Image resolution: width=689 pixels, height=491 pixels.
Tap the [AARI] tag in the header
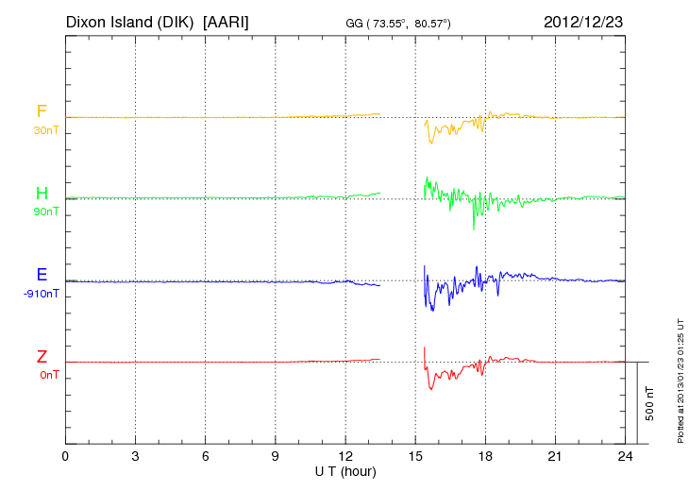coord(227,21)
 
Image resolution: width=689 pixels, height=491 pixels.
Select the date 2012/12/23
coord(584,21)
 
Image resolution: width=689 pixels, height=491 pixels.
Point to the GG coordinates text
coord(398,23)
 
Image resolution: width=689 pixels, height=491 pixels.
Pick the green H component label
coord(42,195)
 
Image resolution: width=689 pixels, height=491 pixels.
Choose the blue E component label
coord(42,276)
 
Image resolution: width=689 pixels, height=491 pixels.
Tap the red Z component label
coord(42,357)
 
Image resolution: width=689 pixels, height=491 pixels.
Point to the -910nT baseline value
coord(42,294)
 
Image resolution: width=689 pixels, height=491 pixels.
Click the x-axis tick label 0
coord(65,457)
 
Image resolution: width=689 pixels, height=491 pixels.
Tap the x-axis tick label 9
coord(276,457)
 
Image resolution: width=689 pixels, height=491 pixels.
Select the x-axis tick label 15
coord(415,457)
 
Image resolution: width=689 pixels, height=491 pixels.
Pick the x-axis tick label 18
coord(486,457)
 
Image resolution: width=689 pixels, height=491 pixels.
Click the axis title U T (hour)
coord(344,470)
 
